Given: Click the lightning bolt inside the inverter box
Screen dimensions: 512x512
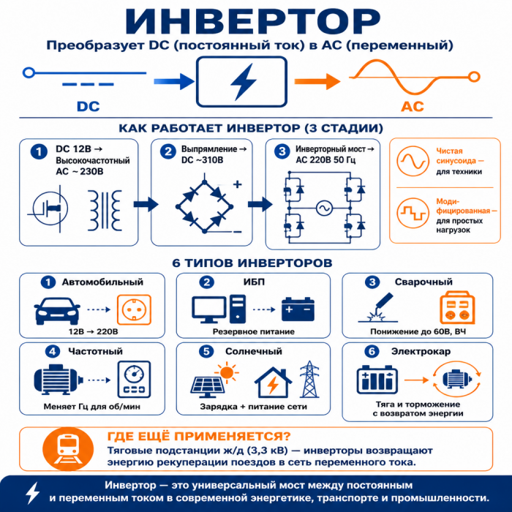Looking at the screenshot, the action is coord(244,81).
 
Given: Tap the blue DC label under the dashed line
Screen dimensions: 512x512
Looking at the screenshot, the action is coord(89,107).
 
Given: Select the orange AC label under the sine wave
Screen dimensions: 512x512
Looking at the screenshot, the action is coord(413,107).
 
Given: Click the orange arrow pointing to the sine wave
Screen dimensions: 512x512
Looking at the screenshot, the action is coord(317,81).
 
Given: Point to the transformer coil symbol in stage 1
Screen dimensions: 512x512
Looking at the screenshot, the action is coord(105,211).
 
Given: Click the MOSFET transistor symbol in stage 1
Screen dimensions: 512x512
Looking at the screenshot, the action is coord(50,208).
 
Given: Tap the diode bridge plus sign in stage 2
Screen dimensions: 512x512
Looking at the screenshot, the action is coord(238,184).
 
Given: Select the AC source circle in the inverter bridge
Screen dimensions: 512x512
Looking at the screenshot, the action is coord(324,208).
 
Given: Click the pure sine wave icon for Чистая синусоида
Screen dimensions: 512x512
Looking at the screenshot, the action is coord(413,161).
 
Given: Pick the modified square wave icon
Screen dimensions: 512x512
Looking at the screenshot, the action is coord(413,214).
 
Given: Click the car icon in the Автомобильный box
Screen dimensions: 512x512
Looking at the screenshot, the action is coord(57,311).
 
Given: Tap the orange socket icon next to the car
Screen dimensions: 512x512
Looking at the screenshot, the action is coord(134,310).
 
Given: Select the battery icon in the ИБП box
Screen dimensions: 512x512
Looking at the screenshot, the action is coord(298,309).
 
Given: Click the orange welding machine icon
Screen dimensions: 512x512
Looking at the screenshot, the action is coord(457,307).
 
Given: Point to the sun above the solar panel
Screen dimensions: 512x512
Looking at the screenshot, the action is coord(227,372).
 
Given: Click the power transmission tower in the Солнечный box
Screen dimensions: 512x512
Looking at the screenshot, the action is coord(309,379).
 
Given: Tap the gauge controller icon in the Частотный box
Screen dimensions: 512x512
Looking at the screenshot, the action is coord(134,379).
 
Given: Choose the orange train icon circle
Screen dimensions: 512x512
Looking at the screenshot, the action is coord(68,449).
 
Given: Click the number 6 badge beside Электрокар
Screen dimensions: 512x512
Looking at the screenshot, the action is coord(372,351).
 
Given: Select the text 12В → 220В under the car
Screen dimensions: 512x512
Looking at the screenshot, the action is coord(93,332).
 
